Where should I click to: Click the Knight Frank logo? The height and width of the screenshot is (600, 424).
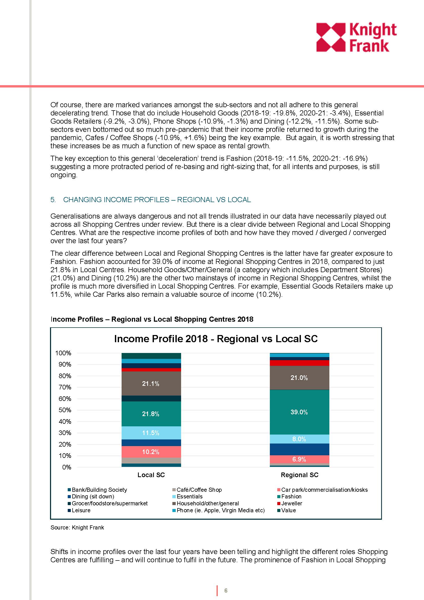(356, 37)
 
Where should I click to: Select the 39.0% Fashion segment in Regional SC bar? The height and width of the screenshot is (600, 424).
(299, 412)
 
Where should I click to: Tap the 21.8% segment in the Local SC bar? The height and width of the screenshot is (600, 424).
(151, 414)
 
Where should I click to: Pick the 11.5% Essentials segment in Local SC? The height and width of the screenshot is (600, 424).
(151, 433)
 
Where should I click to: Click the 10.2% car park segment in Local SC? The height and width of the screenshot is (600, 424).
(151, 452)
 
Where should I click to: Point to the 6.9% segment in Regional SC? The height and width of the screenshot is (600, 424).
(299, 459)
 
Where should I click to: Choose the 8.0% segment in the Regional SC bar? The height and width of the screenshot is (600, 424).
(299, 439)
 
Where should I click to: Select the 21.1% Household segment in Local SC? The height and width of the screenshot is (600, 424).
(151, 383)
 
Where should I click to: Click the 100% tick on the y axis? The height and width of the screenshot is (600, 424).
(63, 353)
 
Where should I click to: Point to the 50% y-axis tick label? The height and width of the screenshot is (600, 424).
(65, 410)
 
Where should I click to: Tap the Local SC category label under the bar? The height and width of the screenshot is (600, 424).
(151, 475)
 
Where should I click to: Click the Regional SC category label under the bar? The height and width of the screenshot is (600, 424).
(299, 475)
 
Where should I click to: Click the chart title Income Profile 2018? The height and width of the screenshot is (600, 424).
(216, 339)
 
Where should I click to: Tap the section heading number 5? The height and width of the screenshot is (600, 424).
(53, 200)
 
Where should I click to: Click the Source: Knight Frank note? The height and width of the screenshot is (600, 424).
(77, 527)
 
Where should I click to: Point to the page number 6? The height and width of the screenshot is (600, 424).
(226, 591)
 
